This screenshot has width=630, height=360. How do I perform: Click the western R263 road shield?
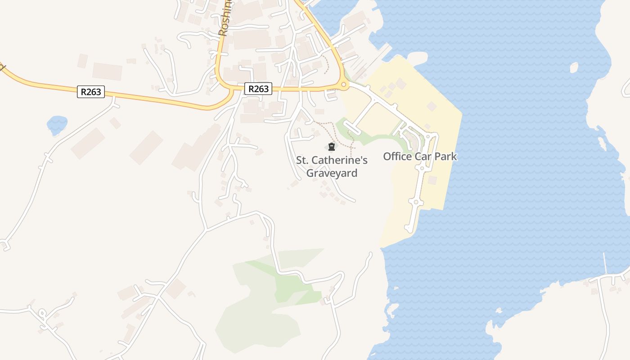coord(91,92)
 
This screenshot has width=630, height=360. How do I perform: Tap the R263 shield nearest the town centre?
coord(258,89)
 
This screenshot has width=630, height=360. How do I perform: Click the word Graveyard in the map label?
coord(332,173)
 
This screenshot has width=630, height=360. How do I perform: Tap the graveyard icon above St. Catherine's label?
coord(332,147)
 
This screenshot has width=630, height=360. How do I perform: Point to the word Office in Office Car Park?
coord(397,157)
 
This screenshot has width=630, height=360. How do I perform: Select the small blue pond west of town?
coord(57,124)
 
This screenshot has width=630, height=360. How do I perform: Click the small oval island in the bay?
coord(574,68)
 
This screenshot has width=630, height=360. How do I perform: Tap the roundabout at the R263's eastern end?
coord(344,84)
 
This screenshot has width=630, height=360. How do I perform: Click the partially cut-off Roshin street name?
coord(225,18)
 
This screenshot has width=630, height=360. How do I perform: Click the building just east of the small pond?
coord(87,143)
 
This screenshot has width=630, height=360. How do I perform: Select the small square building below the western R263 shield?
coord(115,123)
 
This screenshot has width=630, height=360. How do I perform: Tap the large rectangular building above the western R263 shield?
coord(107,71)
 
